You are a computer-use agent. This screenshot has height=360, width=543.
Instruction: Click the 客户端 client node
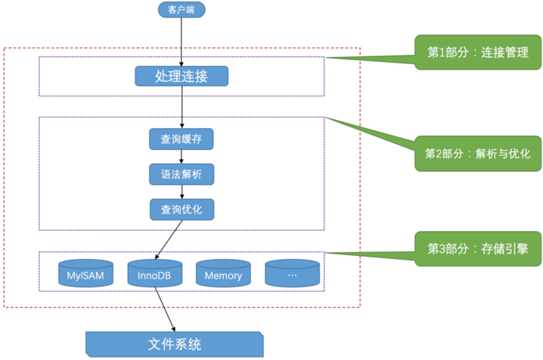(181, 10)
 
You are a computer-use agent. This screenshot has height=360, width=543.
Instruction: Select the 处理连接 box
(182, 76)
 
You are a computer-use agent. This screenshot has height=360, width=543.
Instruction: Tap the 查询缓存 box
(181, 139)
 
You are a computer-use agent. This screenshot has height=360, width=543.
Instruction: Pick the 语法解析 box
(182, 174)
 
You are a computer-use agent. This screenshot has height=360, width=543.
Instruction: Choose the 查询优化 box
(182, 210)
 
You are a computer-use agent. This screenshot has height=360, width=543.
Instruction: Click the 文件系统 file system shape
(175, 344)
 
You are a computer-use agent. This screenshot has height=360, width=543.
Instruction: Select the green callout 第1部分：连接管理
(478, 52)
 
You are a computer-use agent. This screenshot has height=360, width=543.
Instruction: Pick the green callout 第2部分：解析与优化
(478, 154)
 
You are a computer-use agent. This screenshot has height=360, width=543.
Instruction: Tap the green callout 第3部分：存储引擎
(478, 249)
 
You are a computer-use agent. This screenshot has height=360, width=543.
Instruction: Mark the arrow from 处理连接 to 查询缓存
(182, 107)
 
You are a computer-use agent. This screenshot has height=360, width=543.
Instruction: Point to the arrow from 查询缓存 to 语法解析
(181, 157)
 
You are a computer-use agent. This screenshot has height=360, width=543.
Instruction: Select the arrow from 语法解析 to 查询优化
(182, 192)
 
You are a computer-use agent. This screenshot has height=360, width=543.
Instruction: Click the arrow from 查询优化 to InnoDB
(169, 239)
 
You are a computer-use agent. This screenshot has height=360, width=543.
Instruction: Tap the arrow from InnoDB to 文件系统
(165, 309)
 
